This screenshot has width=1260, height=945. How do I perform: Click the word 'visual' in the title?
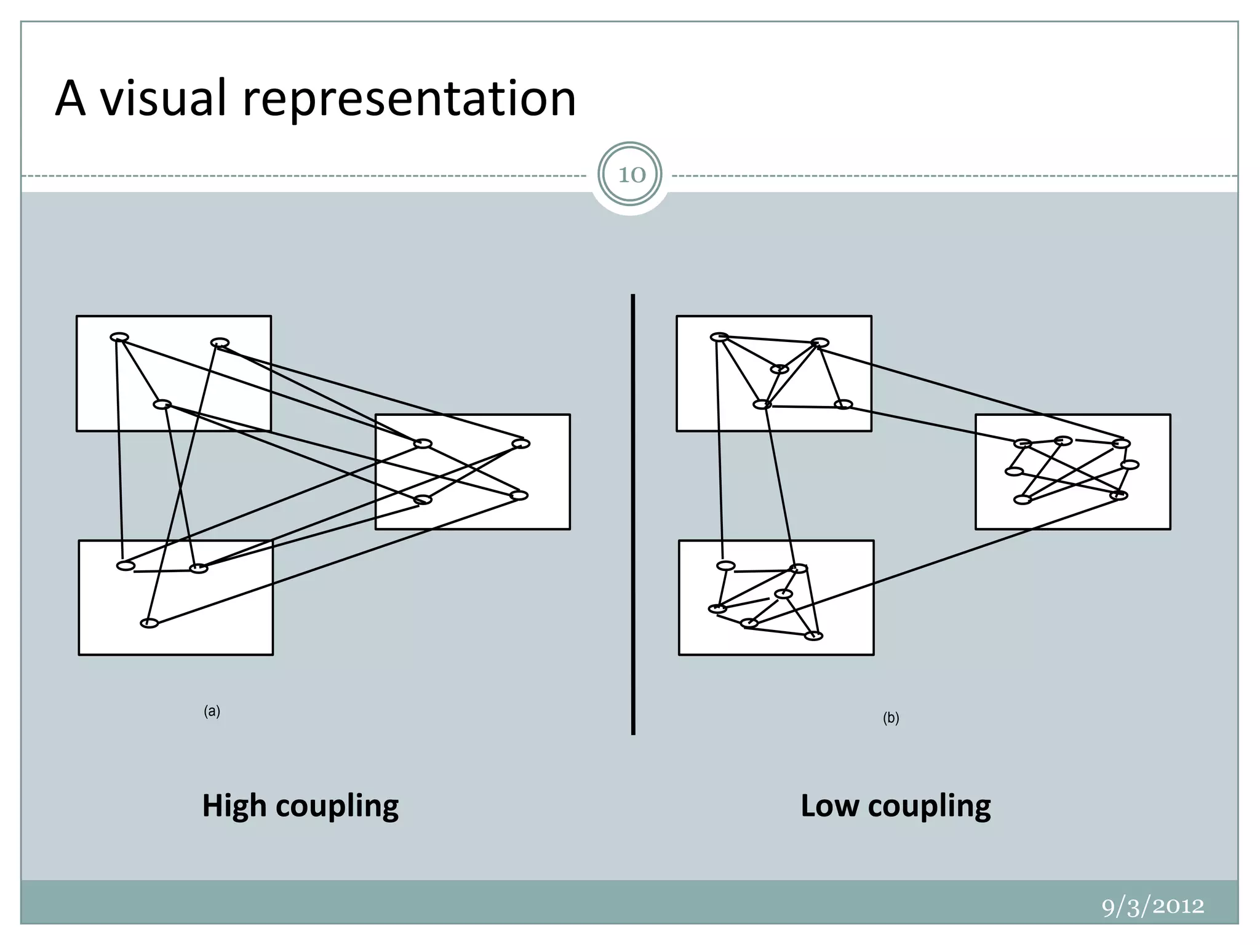[x=165, y=98]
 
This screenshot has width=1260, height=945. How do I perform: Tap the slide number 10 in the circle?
[x=631, y=175]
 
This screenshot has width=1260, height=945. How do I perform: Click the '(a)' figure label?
[x=212, y=712]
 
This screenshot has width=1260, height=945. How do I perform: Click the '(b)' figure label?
[x=891, y=718]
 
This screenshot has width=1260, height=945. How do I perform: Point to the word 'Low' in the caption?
[x=829, y=805]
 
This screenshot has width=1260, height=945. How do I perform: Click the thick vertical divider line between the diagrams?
[x=632, y=514]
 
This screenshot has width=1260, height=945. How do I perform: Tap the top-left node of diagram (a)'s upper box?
[x=119, y=337]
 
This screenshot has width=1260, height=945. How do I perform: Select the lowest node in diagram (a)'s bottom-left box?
[x=150, y=623]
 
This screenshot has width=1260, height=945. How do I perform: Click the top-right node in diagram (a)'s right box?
[x=521, y=444]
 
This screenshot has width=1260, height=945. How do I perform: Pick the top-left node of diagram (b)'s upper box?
[x=719, y=337]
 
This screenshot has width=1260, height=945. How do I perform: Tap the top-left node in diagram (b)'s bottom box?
[x=726, y=565]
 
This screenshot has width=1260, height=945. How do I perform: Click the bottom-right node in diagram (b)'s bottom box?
[x=814, y=636]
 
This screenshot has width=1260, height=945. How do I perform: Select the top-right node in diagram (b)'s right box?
[x=1122, y=444]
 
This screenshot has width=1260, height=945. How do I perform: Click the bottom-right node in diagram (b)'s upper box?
[x=843, y=404]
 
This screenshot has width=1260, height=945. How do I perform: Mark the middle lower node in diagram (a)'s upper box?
[x=162, y=404]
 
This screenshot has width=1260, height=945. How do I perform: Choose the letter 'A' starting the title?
[x=70, y=98]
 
